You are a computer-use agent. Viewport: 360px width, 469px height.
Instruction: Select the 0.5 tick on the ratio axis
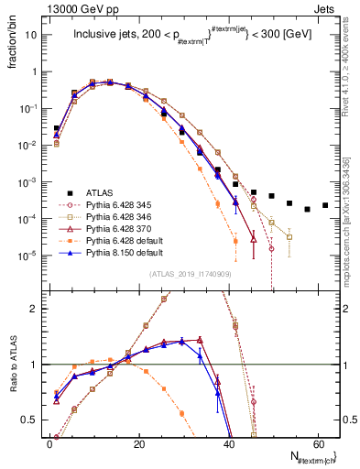tap(34, 420)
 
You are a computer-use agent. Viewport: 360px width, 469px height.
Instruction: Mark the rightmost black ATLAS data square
tap(325, 205)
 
